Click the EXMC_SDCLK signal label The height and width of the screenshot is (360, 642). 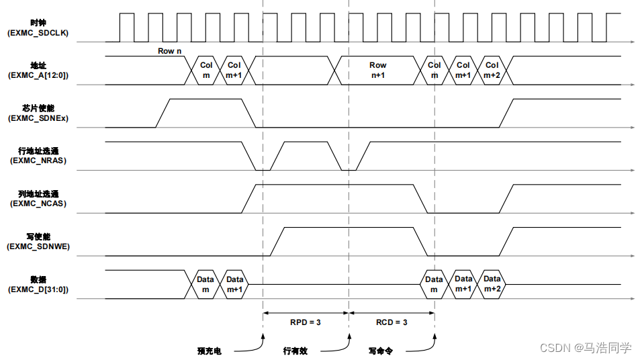[38, 33]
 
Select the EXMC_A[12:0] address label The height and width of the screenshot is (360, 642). [38, 75]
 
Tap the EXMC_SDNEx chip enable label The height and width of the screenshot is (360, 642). [38, 118]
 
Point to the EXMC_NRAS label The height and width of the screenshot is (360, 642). [38, 161]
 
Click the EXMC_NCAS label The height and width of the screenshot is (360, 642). [38, 204]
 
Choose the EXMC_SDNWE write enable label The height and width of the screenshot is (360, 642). [38, 246]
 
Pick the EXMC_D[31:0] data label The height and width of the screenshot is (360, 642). [38, 289]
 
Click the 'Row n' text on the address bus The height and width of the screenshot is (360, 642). [170, 51]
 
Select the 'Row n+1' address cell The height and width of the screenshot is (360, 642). [378, 71]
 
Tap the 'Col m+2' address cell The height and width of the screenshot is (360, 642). [492, 71]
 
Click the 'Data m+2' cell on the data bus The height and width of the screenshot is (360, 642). [492, 284]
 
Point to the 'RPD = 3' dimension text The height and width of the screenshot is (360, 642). [306, 322]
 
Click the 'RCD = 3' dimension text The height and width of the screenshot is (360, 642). [392, 322]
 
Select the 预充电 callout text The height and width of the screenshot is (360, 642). [209, 351]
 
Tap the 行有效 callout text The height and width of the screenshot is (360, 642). [295, 351]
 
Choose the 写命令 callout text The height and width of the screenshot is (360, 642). [381, 351]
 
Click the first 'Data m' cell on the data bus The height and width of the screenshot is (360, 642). [205, 284]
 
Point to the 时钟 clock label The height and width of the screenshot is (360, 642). [38, 23]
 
